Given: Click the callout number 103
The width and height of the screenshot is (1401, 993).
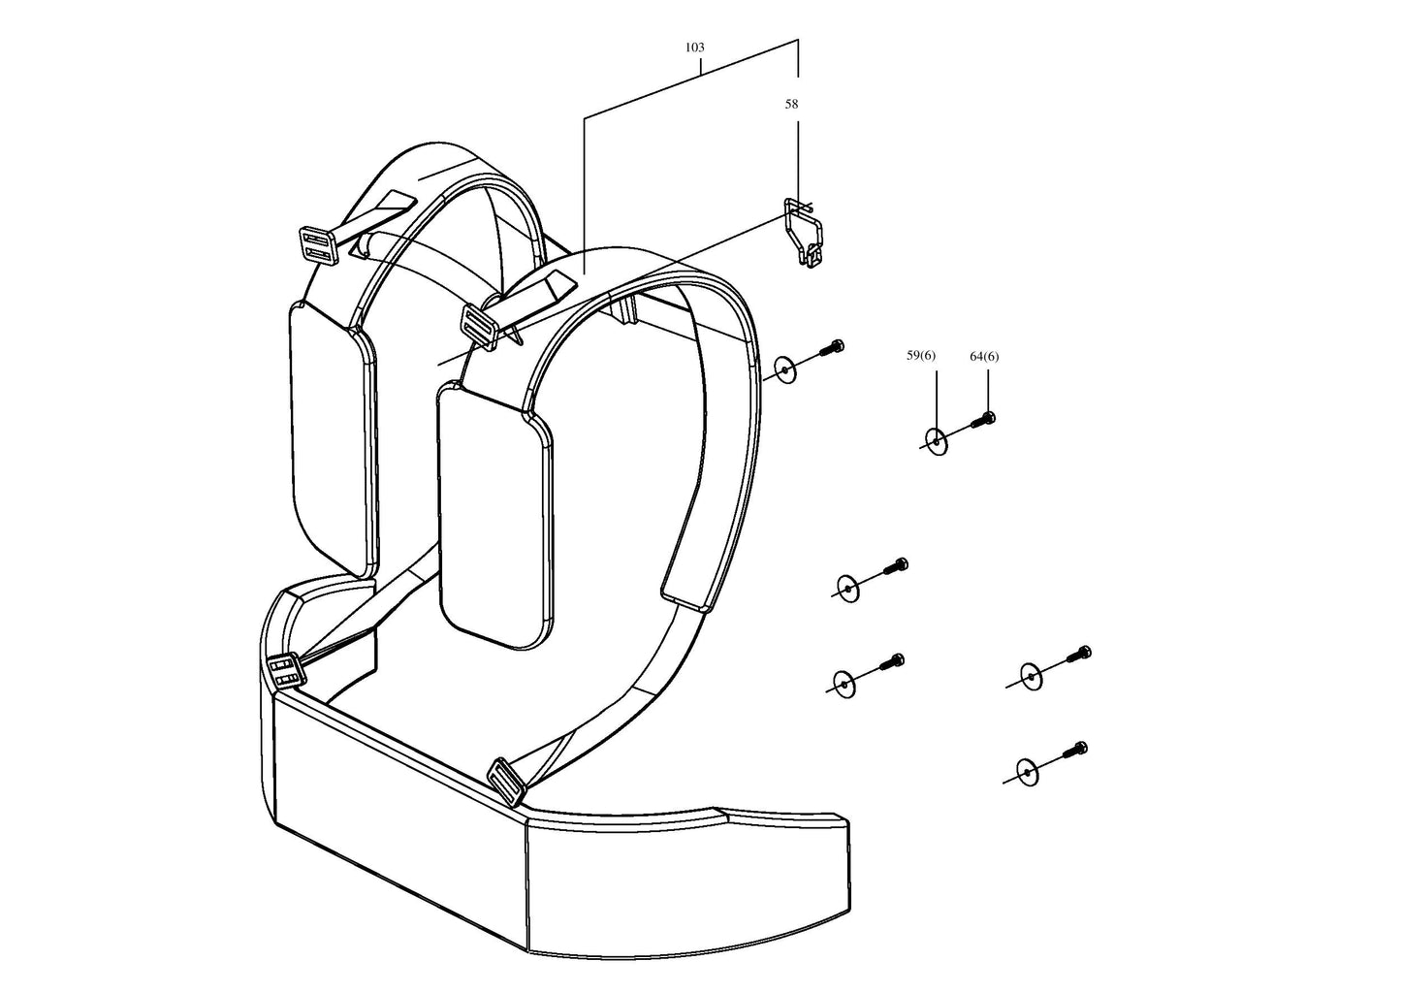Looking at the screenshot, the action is tap(694, 48).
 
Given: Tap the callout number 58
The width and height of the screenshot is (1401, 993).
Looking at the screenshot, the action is tap(791, 105).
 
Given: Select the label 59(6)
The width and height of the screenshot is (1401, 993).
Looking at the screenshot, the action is tap(921, 355).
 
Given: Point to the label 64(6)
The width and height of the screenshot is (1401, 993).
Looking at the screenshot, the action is tap(984, 357).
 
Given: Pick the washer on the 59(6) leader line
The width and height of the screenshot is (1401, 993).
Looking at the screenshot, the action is tap(937, 442).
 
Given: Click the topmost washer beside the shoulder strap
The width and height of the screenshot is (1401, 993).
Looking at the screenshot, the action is tap(785, 369).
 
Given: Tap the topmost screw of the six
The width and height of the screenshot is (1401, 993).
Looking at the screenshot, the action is tap(830, 348).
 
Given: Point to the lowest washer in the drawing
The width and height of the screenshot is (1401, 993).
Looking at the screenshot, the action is tap(1028, 773).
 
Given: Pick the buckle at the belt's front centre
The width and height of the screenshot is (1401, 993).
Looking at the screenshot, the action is tap(505, 781).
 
